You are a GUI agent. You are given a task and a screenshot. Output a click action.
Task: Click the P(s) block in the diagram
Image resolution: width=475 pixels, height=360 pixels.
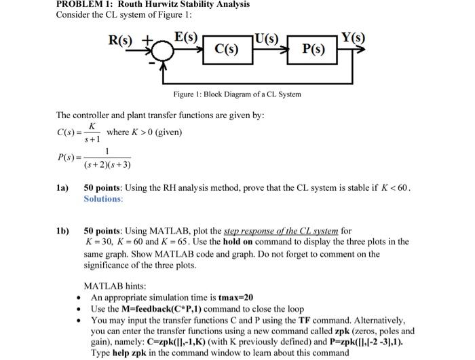[313, 49]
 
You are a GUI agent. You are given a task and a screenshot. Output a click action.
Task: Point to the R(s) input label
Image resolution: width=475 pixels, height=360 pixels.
[123, 39]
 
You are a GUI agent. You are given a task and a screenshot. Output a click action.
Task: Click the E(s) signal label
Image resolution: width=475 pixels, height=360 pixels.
[186, 36]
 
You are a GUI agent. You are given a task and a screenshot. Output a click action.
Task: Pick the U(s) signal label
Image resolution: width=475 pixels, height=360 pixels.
[269, 37]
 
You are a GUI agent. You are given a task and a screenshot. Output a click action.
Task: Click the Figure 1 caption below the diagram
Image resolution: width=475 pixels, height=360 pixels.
[237, 94]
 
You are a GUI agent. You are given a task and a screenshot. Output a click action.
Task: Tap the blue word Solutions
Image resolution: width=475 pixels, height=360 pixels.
[103, 199]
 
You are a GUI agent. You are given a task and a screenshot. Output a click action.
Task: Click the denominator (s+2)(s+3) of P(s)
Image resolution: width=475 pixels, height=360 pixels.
[107, 165]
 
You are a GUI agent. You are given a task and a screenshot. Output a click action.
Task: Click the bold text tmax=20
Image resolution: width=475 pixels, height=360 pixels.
[235, 298]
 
